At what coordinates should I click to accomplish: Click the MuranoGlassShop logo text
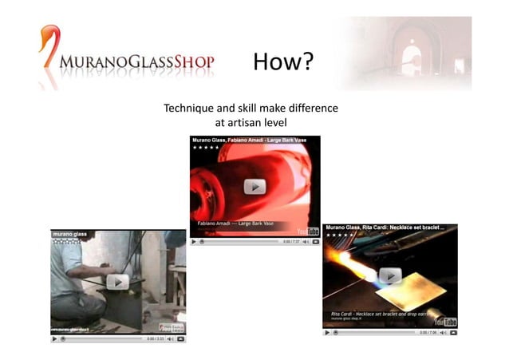(x=136, y=62)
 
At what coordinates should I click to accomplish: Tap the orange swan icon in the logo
(x=49, y=44)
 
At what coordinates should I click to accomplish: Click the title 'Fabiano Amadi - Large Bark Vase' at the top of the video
(x=248, y=140)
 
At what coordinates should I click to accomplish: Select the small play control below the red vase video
(x=194, y=241)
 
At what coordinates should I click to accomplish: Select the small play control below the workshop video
(x=54, y=338)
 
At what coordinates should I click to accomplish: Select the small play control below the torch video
(x=327, y=332)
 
